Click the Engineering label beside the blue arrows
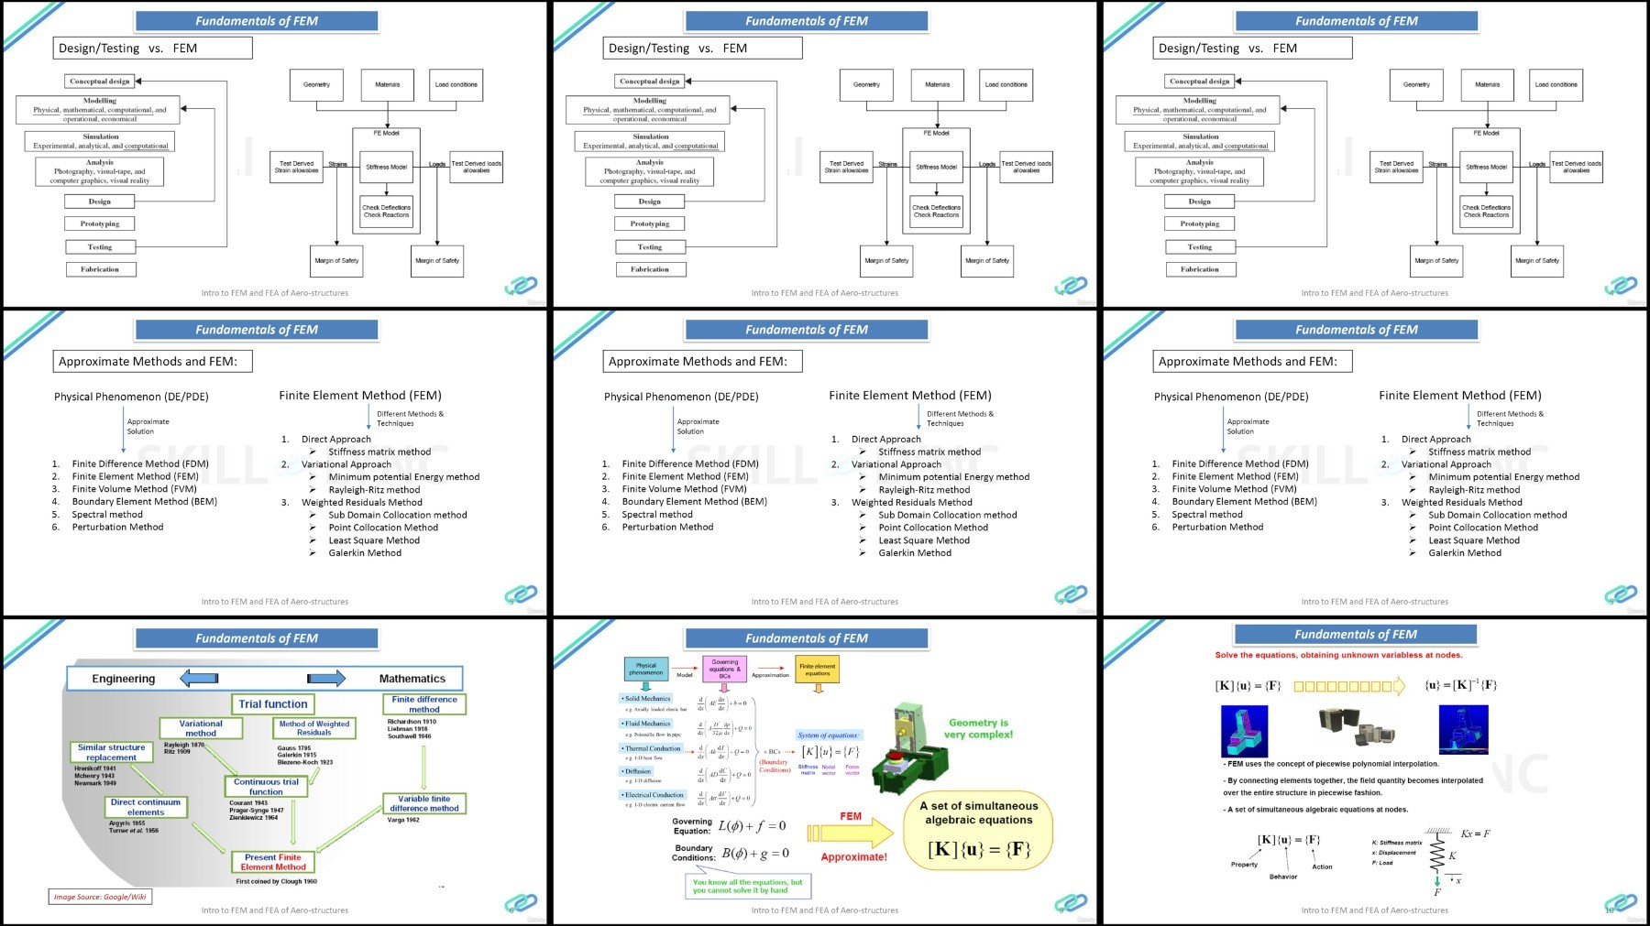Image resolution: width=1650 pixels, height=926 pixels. (x=124, y=679)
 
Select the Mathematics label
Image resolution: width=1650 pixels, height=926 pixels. (x=412, y=679)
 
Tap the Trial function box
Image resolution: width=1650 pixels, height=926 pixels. (x=273, y=704)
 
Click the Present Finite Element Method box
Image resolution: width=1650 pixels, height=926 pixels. (x=273, y=862)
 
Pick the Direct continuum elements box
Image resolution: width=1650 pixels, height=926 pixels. (x=146, y=807)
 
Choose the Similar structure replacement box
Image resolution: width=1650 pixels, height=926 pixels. (x=112, y=752)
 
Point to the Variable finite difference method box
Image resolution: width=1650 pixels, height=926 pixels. (x=423, y=803)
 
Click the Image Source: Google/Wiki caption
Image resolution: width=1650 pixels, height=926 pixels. (x=100, y=897)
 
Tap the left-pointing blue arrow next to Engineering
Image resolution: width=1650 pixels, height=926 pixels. (x=199, y=679)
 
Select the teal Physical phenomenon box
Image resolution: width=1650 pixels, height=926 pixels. (x=645, y=670)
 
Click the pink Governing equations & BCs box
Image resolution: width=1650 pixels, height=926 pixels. (x=724, y=669)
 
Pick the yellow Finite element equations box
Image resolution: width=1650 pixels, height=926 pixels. (x=817, y=670)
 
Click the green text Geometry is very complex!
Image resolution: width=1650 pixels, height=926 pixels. (x=978, y=728)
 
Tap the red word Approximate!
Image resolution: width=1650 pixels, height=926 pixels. (x=853, y=857)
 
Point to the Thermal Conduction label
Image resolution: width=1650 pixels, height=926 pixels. (x=652, y=748)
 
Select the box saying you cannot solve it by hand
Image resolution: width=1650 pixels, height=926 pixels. (x=747, y=886)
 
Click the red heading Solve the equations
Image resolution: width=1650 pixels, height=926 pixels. (x=1338, y=655)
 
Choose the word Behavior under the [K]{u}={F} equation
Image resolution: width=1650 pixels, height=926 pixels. (x=1283, y=877)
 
